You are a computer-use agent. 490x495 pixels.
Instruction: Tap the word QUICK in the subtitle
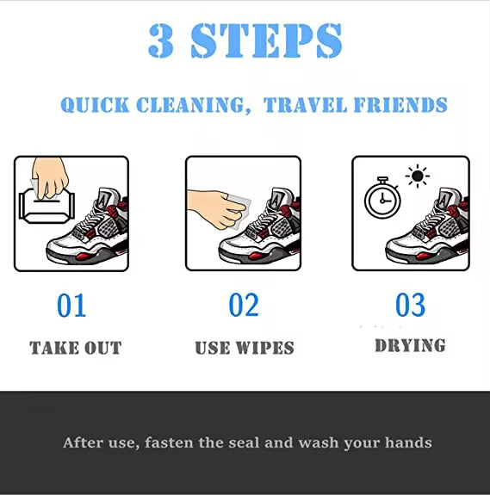[94, 106]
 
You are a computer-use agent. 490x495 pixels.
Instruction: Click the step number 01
[72, 306]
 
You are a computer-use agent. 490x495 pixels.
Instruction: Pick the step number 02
[244, 306]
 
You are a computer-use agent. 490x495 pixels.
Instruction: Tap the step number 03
[410, 306]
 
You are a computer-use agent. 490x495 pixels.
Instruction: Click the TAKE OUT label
[76, 349]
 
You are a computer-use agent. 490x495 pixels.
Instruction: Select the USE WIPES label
[245, 349]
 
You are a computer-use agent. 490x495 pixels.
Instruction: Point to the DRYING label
[410, 346]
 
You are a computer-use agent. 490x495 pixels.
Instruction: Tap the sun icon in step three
[419, 177]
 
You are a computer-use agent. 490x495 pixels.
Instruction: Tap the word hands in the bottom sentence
[408, 443]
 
